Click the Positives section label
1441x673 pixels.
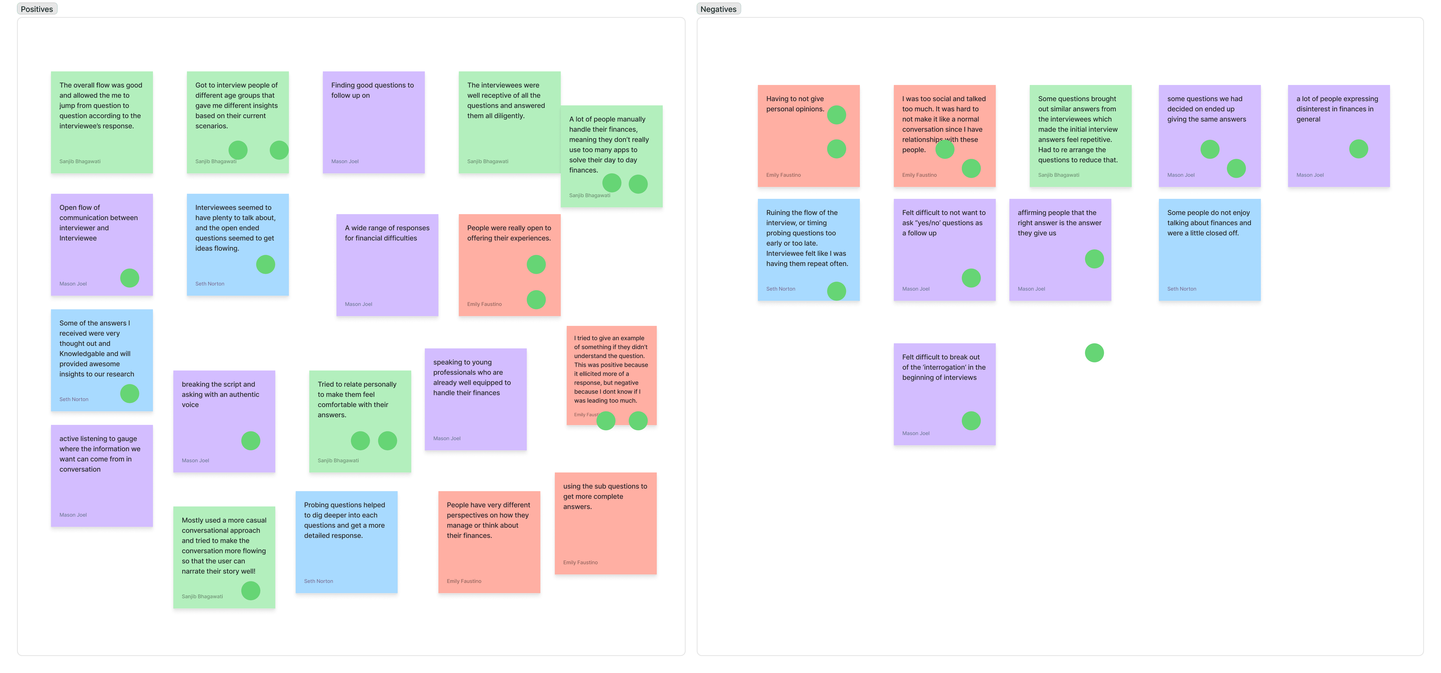pos(37,9)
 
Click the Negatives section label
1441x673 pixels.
pos(718,9)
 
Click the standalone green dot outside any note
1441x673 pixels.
pos(1094,353)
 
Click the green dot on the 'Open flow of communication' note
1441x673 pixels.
pos(130,278)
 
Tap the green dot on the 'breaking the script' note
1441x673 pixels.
pos(251,441)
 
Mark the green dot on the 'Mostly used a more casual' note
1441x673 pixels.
pos(251,591)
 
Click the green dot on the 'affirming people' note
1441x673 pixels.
pos(1094,259)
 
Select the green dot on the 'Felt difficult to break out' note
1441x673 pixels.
pos(971,421)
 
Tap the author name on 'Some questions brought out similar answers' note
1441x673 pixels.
pos(1058,175)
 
